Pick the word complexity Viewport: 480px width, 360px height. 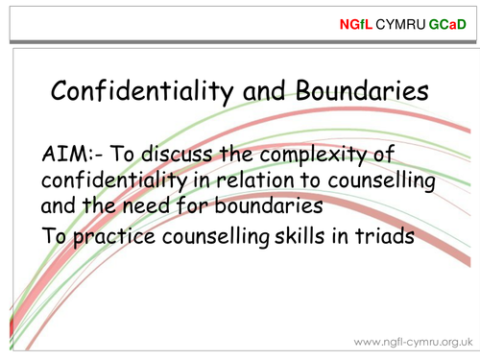click(x=324, y=156)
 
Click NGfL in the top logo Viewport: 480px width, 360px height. click(x=355, y=20)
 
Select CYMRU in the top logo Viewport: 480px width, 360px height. click(x=399, y=20)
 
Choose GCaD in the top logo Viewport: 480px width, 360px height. click(x=447, y=20)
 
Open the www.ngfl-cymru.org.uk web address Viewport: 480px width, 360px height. click(x=413, y=341)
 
